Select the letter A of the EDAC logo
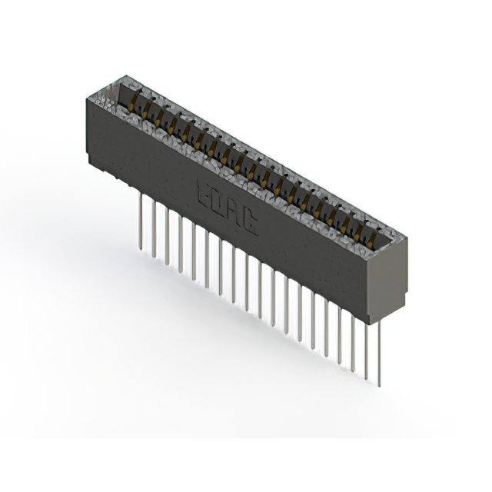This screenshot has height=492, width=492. pos(236,213)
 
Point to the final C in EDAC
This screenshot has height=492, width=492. pos(251,224)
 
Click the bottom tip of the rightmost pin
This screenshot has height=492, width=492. pos(378,384)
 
